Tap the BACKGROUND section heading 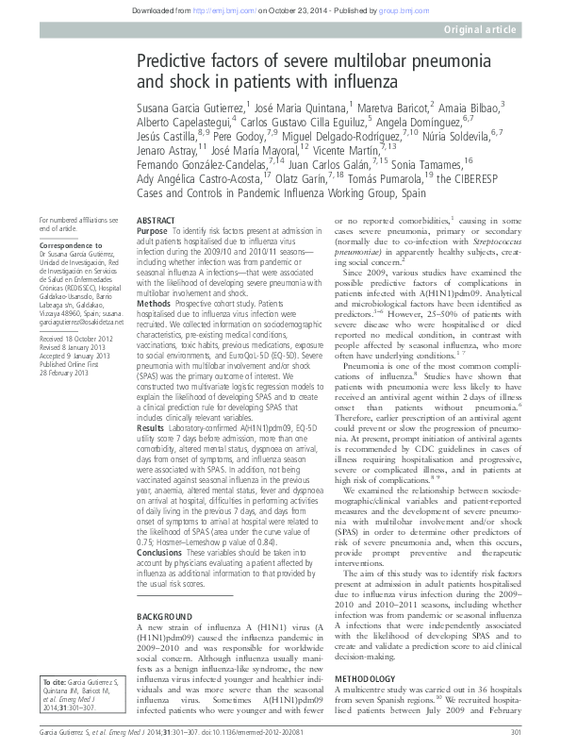pyautogui.click(x=162, y=588)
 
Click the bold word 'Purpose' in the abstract pyautogui.click(x=152, y=230)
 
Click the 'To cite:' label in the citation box pyautogui.click(x=56, y=680)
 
